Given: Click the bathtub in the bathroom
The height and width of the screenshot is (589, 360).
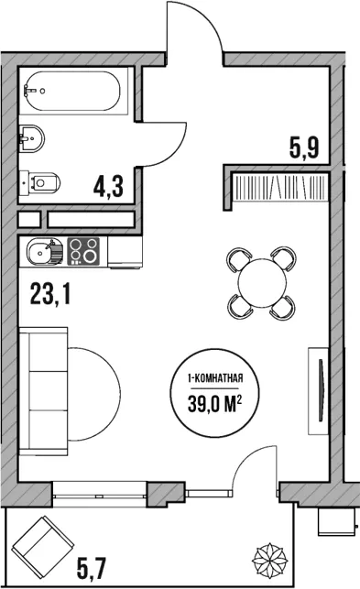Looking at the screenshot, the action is tap(73, 91).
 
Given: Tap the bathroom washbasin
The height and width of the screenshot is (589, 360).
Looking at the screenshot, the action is tap(31, 138).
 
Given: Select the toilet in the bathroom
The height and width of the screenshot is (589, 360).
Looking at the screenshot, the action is tap(39, 183).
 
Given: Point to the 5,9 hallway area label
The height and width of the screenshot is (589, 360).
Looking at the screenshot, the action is tap(304, 147).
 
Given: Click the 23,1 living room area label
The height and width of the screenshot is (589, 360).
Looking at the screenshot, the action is tap(50, 294).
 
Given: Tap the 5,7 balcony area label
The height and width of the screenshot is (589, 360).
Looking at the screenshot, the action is tap(92, 569).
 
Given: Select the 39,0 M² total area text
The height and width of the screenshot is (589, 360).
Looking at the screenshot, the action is tap(214, 406).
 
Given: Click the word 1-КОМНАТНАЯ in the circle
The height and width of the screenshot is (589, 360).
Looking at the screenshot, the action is tap(215, 378).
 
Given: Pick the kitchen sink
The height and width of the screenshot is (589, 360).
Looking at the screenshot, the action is tap(44, 252).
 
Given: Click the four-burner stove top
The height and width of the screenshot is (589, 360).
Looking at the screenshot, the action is tap(83, 251).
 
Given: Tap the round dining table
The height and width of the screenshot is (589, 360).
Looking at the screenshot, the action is tap(262, 283).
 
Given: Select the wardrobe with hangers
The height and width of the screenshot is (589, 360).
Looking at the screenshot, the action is tap(279, 187).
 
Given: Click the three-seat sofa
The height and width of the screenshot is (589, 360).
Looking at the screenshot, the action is tap(43, 391).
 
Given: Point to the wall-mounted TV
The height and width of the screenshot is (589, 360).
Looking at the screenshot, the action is tap(318, 390).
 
